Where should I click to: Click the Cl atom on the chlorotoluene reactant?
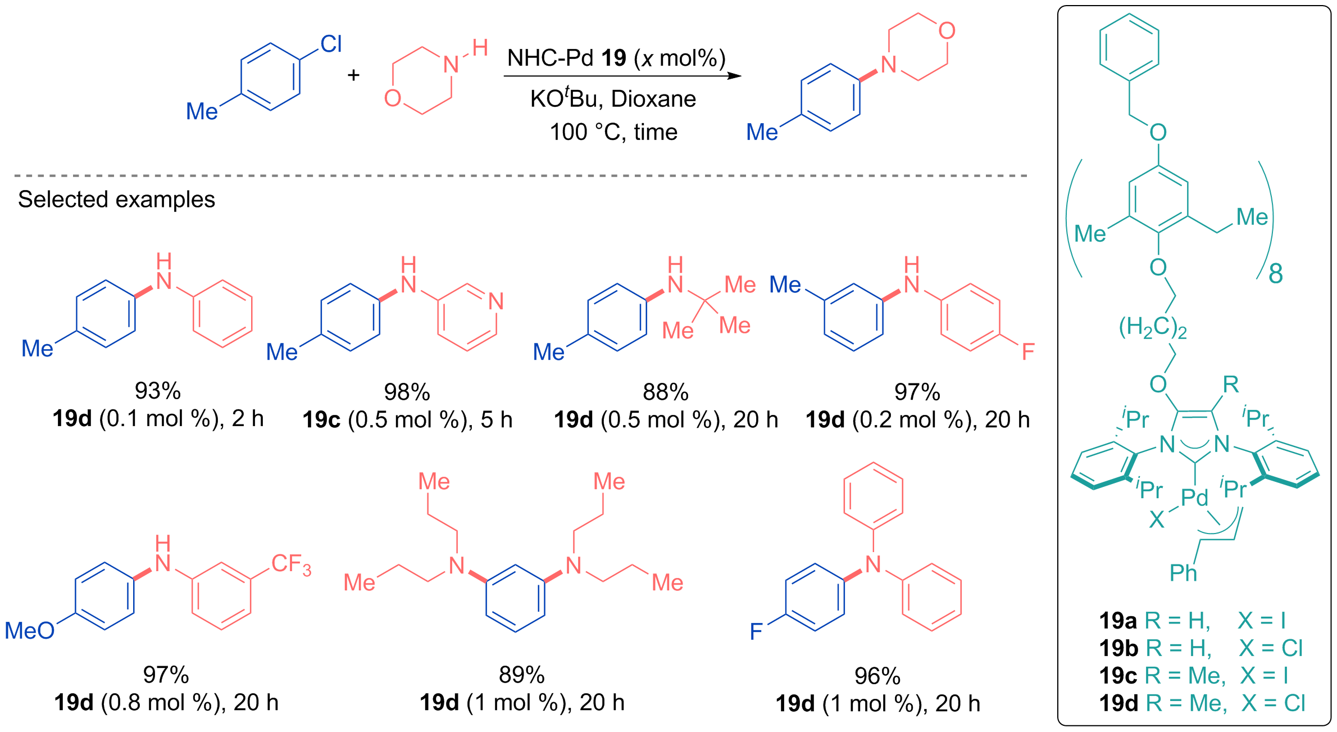coord(331,44)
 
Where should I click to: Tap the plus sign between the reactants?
coord(353,75)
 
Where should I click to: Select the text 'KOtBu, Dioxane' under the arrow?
coord(613,98)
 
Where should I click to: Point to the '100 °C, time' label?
coord(613,132)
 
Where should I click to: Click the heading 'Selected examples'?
coord(116,200)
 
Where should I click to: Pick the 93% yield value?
coord(158,391)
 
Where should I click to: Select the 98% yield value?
coord(407,392)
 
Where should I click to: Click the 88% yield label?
coord(666,392)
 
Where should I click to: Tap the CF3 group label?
coord(291,564)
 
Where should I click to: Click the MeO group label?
coord(30,631)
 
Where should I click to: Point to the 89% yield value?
coord(522,675)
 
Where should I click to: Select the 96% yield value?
coord(877,676)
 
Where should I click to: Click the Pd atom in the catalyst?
coord(1194,497)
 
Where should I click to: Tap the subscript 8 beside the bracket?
coord(1276,274)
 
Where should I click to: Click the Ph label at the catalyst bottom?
coord(1184,573)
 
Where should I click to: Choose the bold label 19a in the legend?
coord(1118,621)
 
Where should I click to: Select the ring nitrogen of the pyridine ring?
coord(496,301)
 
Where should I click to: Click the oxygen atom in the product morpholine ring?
coord(947,30)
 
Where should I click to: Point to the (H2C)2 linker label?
coord(1153,328)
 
